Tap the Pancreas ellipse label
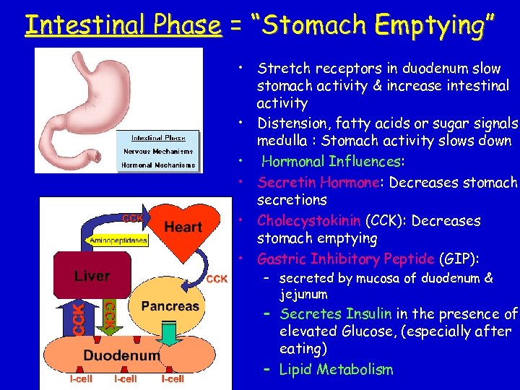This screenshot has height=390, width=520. tap(170, 306)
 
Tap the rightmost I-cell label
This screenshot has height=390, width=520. tap(173, 378)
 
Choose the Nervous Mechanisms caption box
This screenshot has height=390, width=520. tap(158, 152)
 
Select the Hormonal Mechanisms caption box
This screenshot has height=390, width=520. tap(158, 165)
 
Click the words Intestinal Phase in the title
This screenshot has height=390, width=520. tap(123, 25)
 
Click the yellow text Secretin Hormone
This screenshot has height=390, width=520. tap(318, 182)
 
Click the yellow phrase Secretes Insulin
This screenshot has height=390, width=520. tap(336, 313)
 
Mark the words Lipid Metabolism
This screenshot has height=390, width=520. tap(336, 370)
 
